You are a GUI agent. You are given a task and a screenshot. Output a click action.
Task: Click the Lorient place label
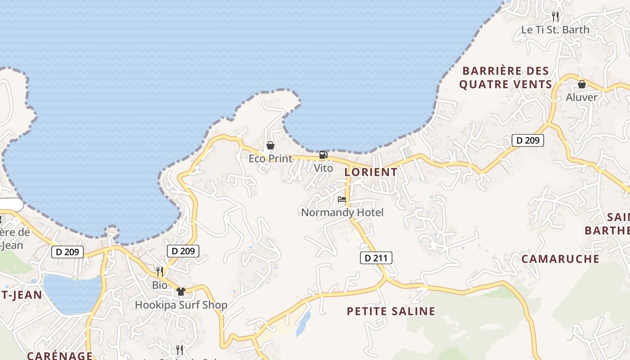click(371, 172)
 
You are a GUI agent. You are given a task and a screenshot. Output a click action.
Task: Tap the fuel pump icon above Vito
click(323, 155)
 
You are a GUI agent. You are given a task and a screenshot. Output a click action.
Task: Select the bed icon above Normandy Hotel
click(342, 199)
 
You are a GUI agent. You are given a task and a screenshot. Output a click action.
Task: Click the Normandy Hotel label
click(342, 212)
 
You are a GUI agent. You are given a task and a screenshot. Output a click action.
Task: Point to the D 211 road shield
click(376, 258)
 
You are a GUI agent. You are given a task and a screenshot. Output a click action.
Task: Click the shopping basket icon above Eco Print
click(270, 145)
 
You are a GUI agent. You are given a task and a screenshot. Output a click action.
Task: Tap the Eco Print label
click(270, 158)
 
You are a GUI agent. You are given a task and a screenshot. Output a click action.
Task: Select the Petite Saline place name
click(391, 311)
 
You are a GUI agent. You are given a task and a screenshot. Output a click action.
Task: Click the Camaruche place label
click(560, 259)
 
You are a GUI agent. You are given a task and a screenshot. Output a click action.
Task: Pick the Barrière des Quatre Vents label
click(505, 78)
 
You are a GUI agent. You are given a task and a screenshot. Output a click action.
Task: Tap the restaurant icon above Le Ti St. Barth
click(555, 17)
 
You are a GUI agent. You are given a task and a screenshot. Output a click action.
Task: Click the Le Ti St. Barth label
click(555, 30)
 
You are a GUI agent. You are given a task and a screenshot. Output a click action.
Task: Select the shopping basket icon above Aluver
click(582, 84)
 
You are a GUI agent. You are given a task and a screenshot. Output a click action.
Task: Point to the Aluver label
click(582, 97)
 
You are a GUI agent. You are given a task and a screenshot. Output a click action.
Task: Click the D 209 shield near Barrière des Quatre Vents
click(528, 140)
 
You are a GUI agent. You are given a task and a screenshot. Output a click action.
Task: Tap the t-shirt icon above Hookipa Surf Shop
click(181, 292)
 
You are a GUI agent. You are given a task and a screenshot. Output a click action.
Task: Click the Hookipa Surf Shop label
click(181, 305)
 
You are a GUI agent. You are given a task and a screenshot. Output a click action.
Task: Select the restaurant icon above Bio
click(160, 272)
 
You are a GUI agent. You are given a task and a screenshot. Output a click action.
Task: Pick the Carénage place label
click(60, 355)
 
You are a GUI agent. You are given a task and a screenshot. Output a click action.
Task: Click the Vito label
click(323, 168)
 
